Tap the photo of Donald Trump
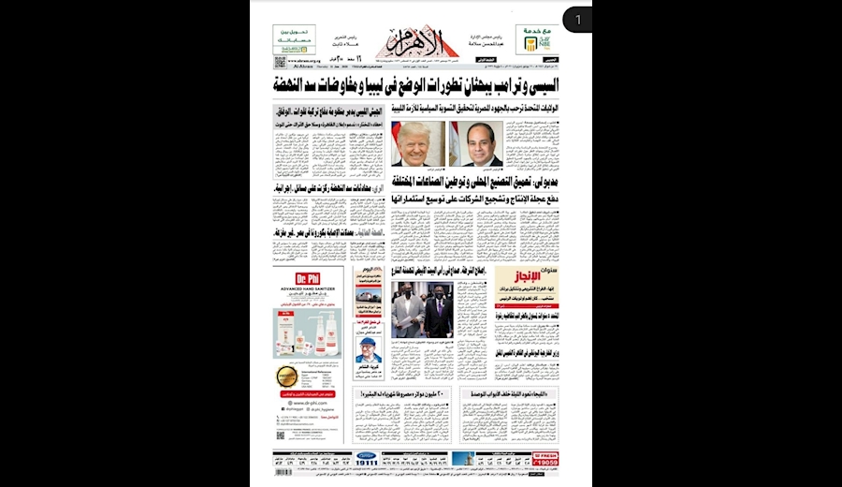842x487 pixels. [414, 145]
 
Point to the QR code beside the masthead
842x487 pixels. [280, 62]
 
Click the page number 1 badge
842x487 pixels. [578, 20]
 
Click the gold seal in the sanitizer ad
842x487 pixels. [286, 377]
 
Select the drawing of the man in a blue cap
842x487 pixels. [369, 352]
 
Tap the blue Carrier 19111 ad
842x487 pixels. [366, 458]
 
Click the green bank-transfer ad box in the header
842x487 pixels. [294, 38]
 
